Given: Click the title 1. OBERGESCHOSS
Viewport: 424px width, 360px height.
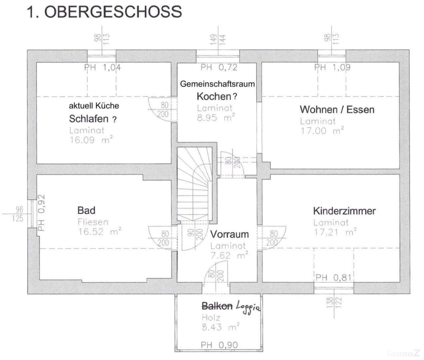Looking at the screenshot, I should tap(105, 12).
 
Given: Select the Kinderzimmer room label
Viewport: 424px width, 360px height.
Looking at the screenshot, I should tap(344, 211).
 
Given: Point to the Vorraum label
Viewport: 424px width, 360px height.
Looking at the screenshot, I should tap(229, 234).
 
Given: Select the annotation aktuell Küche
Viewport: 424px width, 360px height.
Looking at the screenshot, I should tap(94, 106).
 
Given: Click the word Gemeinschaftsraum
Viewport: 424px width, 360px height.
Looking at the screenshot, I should tap(217, 84).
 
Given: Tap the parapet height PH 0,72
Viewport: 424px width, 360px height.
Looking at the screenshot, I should tap(219, 67).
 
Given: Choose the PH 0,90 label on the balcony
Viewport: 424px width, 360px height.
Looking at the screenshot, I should tap(219, 345).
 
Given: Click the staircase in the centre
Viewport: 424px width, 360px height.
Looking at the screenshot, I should tap(194, 184).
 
